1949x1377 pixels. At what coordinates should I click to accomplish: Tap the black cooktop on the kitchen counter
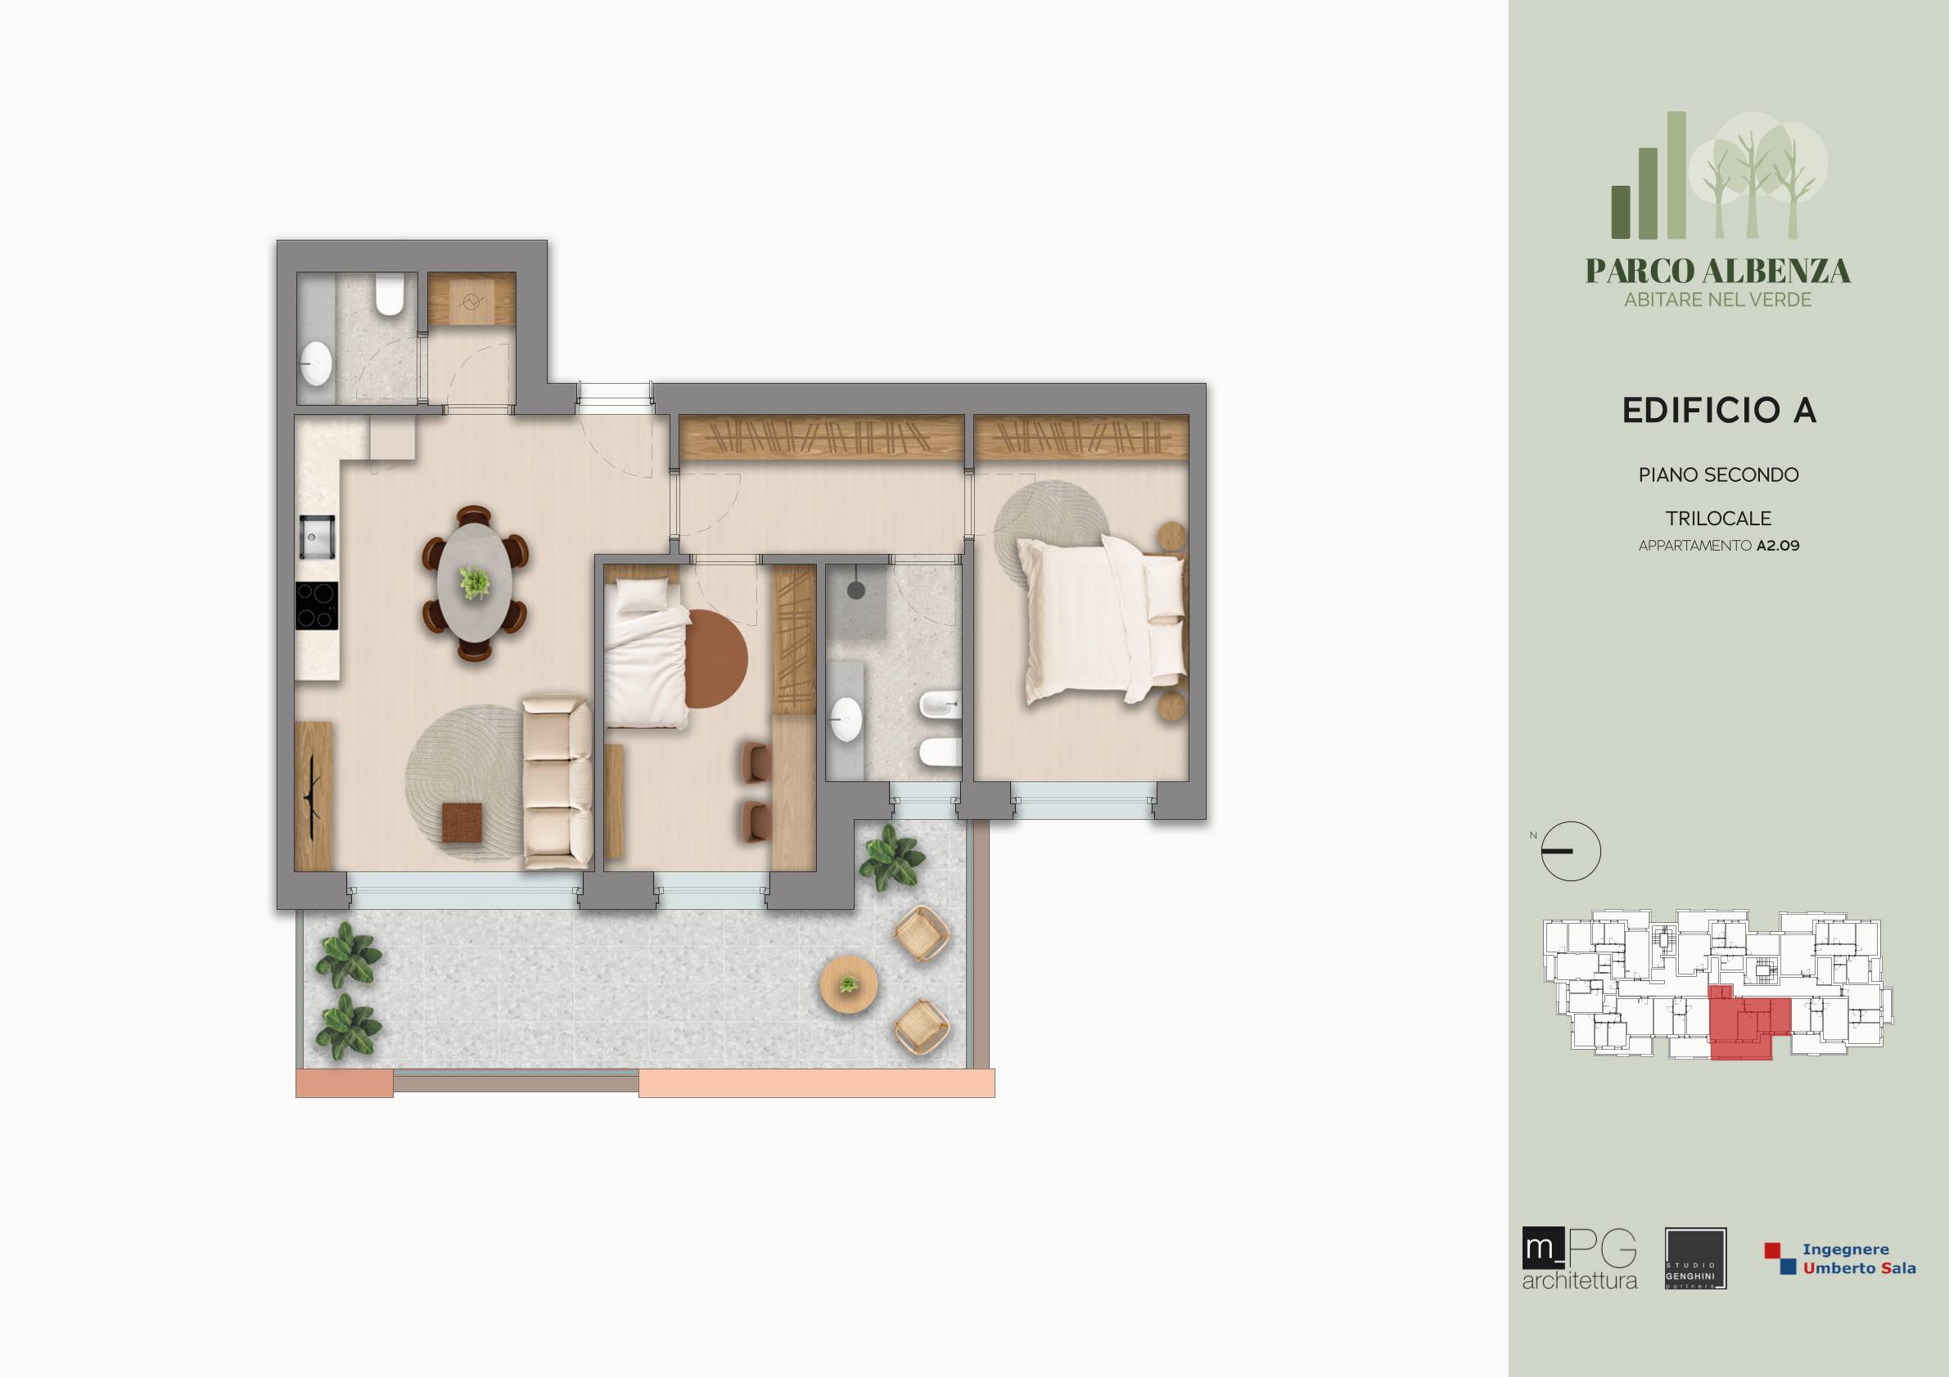316,605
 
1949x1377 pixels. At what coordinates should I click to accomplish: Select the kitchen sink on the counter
316,536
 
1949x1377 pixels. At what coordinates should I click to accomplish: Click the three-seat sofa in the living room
557,782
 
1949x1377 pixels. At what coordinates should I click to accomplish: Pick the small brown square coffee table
462,824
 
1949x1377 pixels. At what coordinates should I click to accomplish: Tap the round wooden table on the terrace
848,984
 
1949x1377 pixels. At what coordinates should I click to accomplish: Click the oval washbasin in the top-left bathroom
316,364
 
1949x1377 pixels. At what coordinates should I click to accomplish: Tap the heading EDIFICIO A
1719,411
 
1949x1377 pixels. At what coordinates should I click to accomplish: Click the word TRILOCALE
1718,519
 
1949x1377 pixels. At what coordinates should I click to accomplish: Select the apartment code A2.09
1778,546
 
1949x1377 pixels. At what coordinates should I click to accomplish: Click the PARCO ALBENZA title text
1718,272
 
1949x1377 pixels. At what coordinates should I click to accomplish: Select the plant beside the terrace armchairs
891,857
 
